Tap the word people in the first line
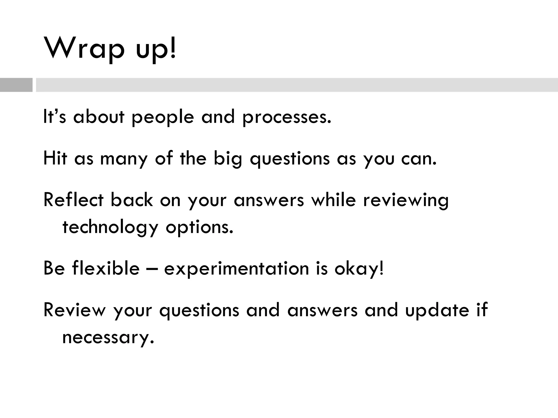163,117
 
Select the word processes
287,117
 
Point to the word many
124,159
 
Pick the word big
228,159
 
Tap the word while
333,200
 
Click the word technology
110,228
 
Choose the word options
199,228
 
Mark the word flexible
106,268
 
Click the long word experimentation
236,269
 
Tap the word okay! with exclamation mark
359,269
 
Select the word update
437,311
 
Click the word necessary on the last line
108,338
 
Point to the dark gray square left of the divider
16,85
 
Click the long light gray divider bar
296,85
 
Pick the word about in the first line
99,117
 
